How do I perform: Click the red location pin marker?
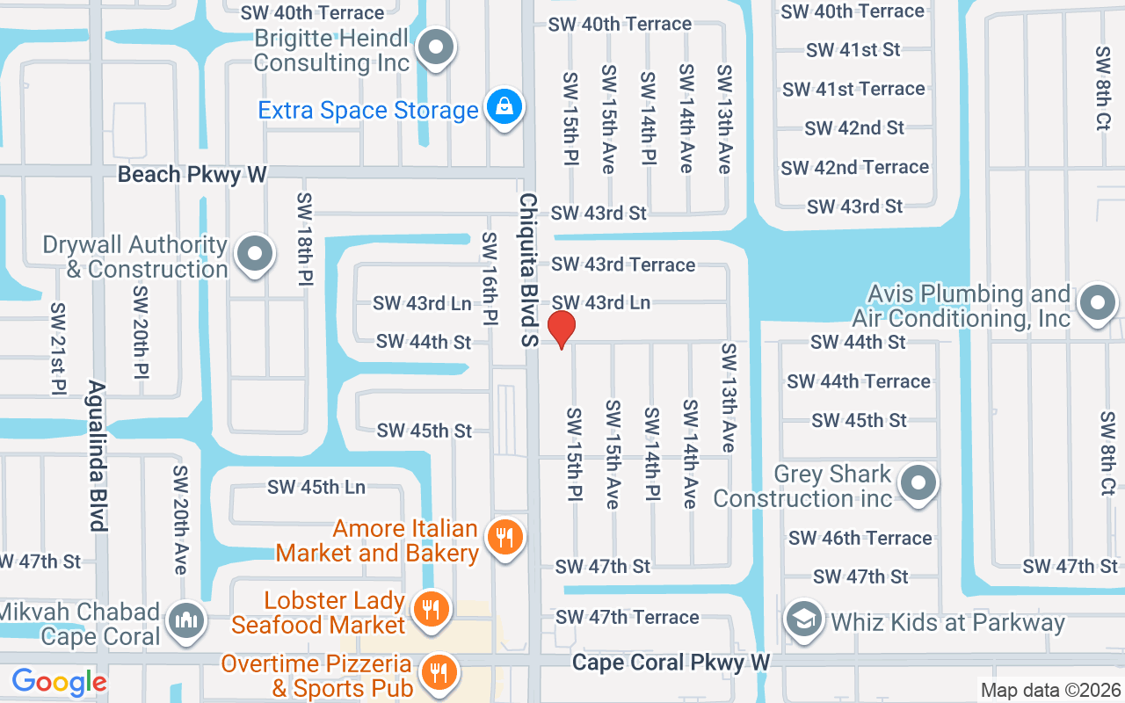(x=562, y=330)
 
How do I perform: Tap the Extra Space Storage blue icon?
(x=505, y=108)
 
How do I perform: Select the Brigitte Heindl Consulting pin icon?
(x=435, y=48)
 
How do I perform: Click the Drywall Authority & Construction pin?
(x=255, y=255)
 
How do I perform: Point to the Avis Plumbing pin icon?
(x=1097, y=304)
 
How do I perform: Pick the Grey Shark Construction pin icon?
(x=919, y=482)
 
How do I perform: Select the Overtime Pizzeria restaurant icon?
(x=437, y=673)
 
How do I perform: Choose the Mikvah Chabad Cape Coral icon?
(x=186, y=620)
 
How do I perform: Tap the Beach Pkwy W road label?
(x=192, y=174)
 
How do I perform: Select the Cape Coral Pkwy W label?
(x=671, y=662)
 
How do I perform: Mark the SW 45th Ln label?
(x=316, y=487)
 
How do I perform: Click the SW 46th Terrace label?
(x=860, y=538)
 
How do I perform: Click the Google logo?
(x=59, y=682)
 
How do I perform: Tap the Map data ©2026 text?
(x=1050, y=691)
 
